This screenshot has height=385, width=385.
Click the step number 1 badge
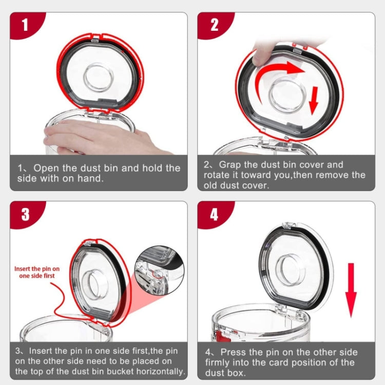(x=25, y=24)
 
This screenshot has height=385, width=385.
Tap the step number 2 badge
(x=214, y=24)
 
